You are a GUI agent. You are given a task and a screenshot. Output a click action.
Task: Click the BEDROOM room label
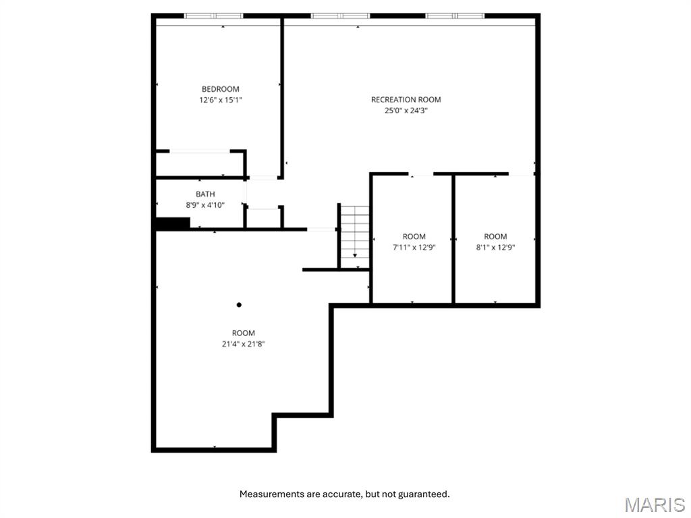point(220,89)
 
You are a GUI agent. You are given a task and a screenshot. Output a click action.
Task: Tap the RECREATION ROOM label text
point(406,100)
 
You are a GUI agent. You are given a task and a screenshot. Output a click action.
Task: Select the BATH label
point(205,194)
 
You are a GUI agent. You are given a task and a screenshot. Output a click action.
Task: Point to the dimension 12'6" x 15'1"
point(220,100)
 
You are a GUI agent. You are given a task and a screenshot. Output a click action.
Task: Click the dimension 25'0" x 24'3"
point(406,111)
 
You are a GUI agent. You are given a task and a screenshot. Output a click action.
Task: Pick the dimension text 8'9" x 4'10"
point(205,205)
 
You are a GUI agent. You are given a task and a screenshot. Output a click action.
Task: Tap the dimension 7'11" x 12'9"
point(414,247)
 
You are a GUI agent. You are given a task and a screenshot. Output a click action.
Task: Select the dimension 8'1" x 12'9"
point(495,247)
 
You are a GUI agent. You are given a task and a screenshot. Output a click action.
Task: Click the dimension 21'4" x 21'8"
point(244,343)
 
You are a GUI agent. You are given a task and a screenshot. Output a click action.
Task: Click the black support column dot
point(239,305)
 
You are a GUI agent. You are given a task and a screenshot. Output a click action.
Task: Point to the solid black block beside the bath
point(173,223)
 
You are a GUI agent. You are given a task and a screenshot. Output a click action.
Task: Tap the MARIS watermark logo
point(655,505)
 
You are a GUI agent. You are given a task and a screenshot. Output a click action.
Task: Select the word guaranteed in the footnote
point(423,494)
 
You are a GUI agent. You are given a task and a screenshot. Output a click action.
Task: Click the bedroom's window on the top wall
point(214,16)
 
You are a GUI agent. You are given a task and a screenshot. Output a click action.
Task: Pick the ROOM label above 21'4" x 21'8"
point(244,333)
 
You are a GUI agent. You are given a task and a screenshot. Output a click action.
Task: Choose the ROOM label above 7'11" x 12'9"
point(414,236)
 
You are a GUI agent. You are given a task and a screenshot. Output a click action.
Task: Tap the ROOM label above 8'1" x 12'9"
point(495,236)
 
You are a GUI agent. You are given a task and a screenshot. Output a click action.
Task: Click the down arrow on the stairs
point(355,256)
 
